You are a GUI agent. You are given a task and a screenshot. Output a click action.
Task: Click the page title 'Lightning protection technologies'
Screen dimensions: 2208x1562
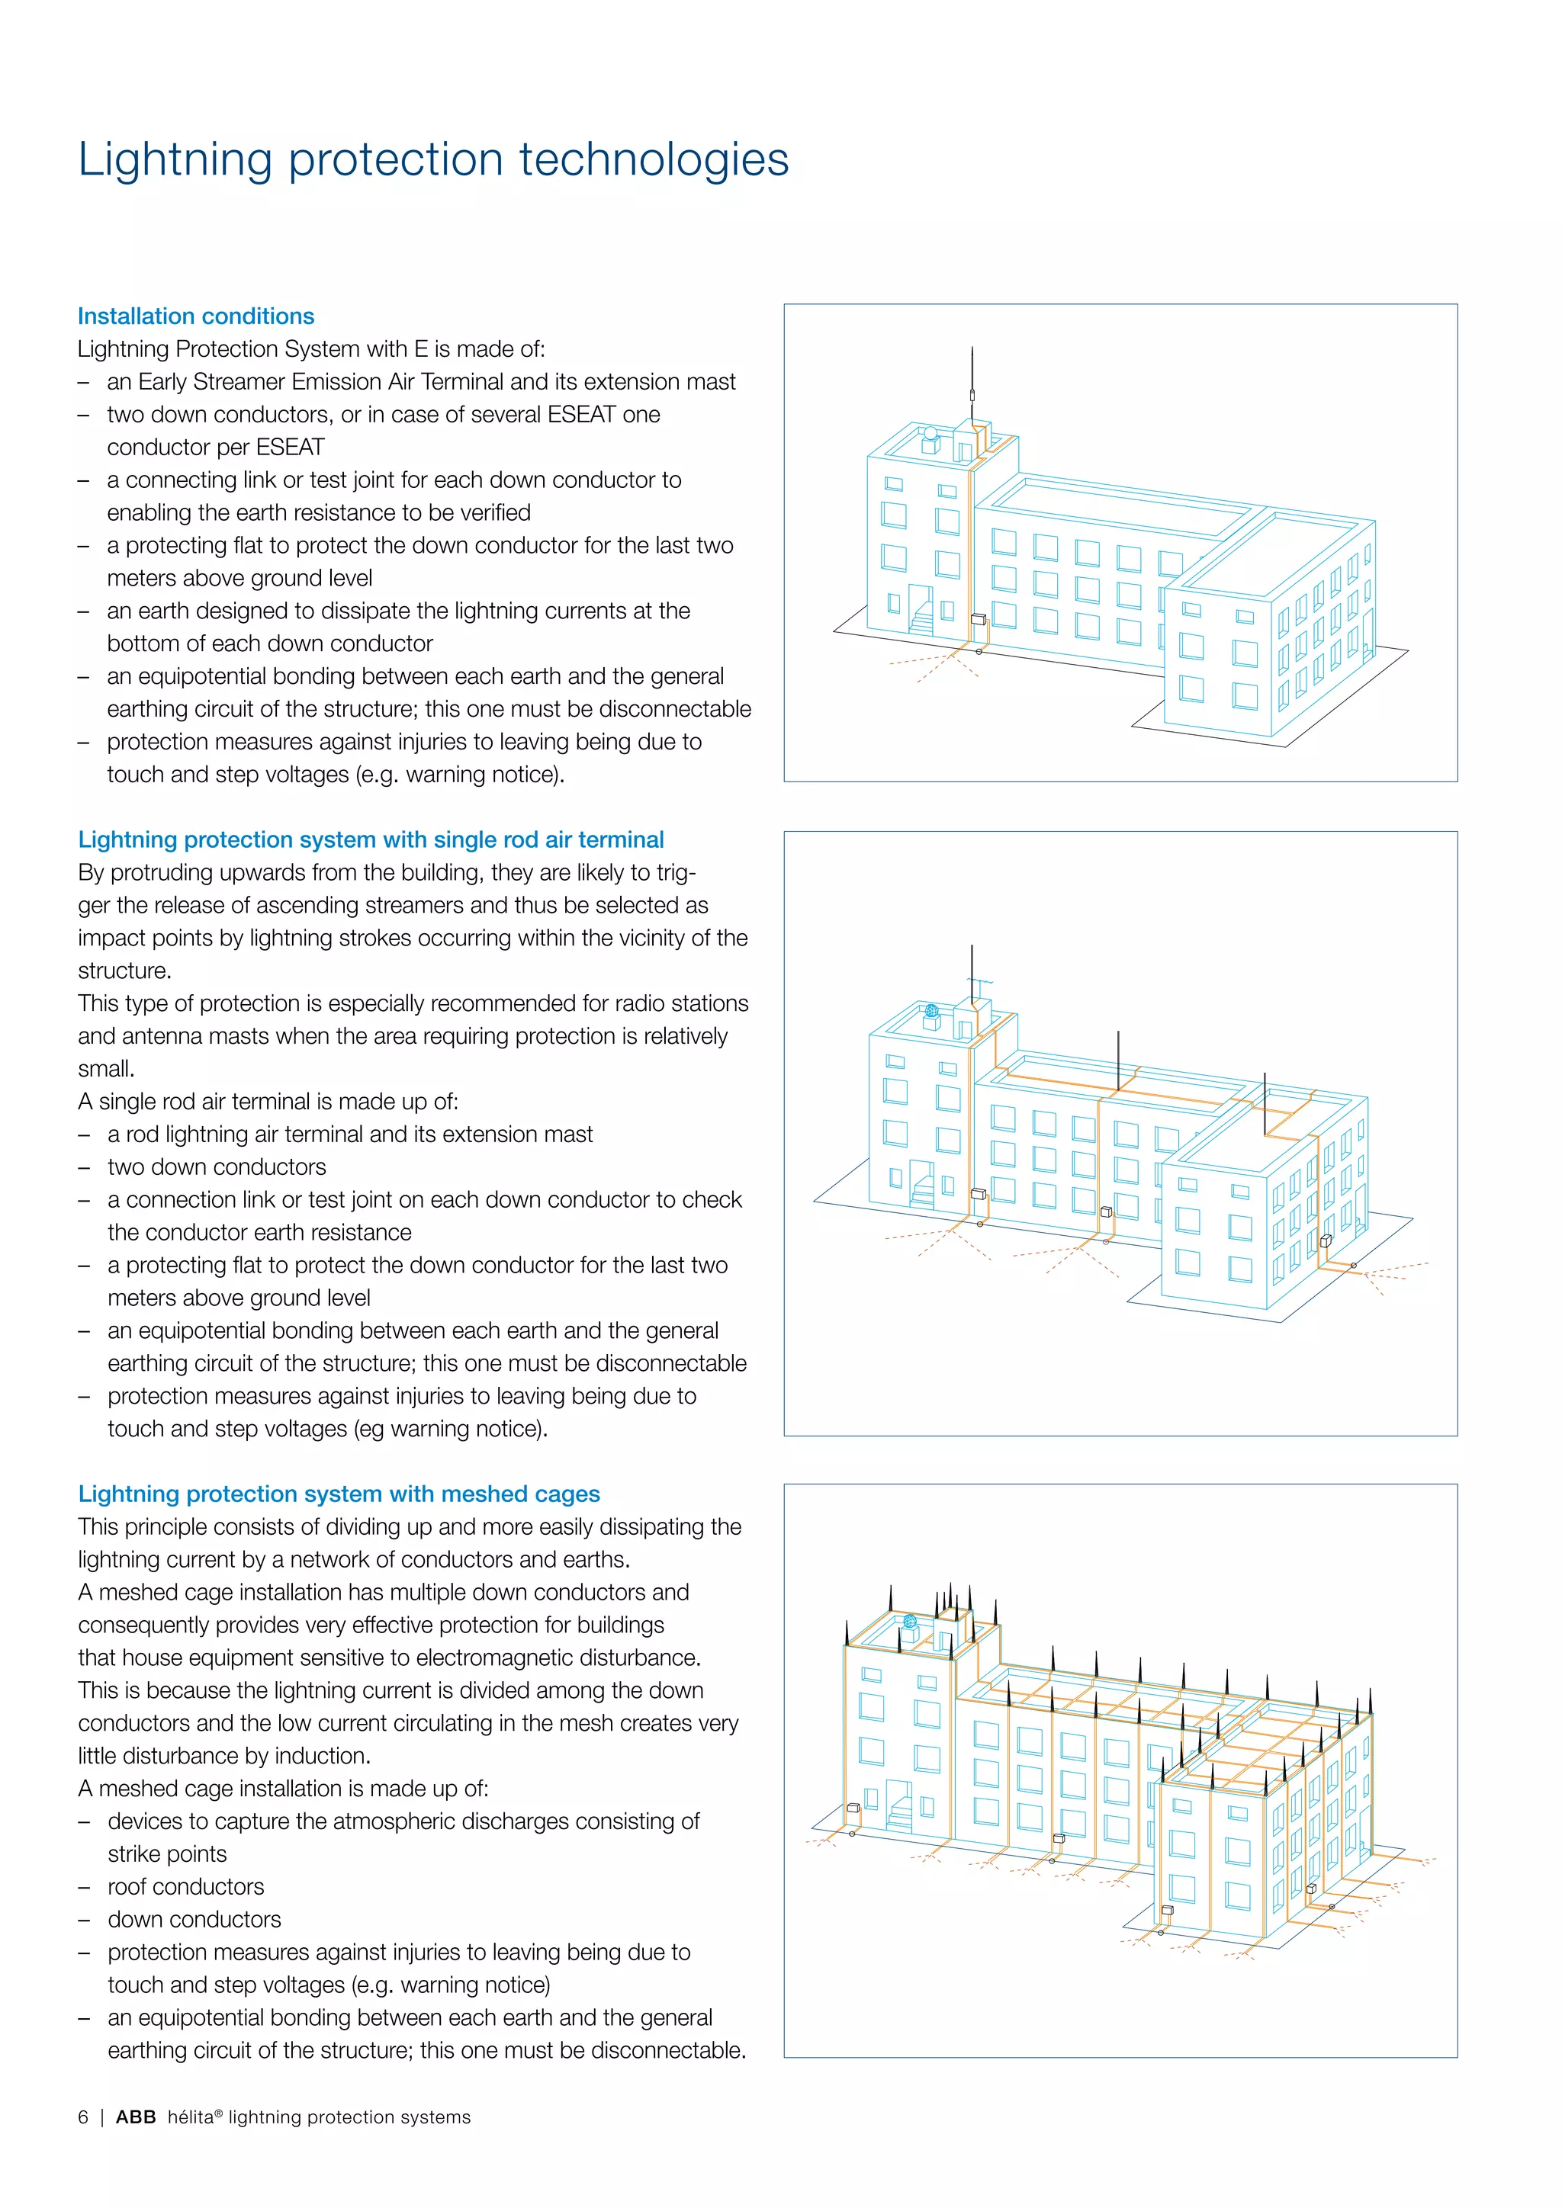point(432,159)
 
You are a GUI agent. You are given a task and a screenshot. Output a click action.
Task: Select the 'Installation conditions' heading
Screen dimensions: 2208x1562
point(195,316)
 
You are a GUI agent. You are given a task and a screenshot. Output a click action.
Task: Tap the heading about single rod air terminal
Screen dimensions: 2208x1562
point(371,839)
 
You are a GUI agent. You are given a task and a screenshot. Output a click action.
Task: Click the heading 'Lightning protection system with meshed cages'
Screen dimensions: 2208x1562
point(339,1494)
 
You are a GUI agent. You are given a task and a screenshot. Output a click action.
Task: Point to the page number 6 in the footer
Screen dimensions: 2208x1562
point(82,2117)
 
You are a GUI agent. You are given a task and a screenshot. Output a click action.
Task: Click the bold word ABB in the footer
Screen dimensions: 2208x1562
point(136,2117)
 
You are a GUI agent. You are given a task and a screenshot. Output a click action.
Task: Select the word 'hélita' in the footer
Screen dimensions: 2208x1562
point(189,2117)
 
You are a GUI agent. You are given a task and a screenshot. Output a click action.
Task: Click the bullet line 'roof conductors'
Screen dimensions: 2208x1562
point(185,1887)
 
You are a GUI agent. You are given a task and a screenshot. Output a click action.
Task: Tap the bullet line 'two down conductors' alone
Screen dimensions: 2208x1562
point(217,1167)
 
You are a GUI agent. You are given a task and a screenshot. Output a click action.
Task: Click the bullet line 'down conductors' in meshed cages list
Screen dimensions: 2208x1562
point(194,1920)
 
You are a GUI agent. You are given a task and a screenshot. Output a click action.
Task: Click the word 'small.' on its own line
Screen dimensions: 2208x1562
point(106,1068)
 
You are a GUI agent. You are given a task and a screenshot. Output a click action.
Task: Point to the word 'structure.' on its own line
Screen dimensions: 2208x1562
point(124,971)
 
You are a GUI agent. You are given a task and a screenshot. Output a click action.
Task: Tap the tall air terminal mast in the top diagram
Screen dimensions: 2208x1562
point(972,385)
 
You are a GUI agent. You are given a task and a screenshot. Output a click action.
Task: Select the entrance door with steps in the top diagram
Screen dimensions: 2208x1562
point(921,610)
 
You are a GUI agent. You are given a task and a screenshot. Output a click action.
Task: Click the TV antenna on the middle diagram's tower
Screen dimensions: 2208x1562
point(979,987)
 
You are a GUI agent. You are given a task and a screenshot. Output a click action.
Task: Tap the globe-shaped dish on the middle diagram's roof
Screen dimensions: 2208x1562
point(931,1012)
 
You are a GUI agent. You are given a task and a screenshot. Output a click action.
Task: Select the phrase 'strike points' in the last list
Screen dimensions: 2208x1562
point(166,1854)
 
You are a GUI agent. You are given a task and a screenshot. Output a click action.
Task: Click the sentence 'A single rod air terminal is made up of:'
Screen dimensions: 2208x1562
point(268,1101)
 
